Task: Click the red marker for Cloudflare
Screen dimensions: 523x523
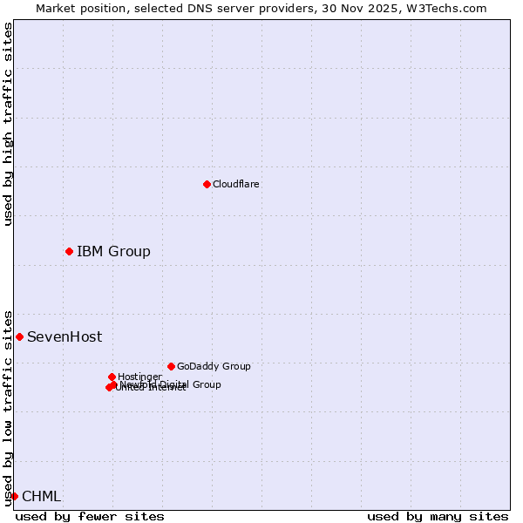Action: (207, 184)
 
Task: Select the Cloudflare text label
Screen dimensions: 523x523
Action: (236, 184)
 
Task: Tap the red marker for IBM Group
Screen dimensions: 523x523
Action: (69, 251)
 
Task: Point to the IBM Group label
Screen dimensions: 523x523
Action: (113, 252)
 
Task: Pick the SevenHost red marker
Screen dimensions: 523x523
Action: (19, 336)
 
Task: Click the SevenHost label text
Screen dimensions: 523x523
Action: (65, 337)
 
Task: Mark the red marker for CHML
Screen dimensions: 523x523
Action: (14, 496)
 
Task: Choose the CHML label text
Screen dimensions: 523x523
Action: (42, 497)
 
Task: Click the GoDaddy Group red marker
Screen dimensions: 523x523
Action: (171, 366)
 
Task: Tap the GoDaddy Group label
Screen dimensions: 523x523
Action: (214, 366)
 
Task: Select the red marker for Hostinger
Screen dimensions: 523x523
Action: (112, 377)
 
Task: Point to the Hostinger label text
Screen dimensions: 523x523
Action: (139, 377)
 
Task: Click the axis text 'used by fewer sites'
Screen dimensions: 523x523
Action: (90, 516)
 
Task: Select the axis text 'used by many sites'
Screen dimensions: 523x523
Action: (438, 516)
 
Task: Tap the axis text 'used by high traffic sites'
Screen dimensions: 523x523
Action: (8, 124)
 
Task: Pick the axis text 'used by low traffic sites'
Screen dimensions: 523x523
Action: (8, 407)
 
